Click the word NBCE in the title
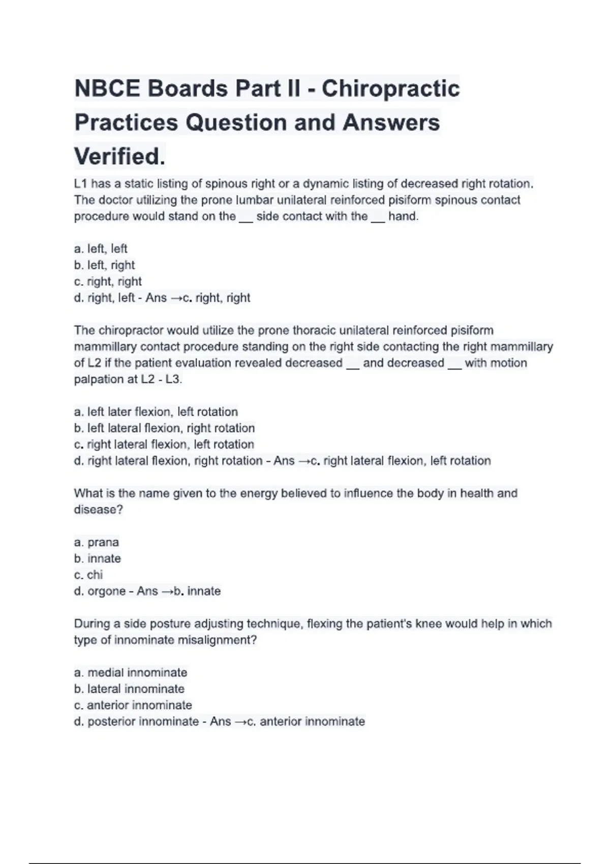point(107,89)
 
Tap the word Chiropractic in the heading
point(390,89)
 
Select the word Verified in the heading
point(119,157)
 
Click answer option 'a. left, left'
point(101,249)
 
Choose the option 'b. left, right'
point(104,265)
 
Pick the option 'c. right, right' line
point(108,281)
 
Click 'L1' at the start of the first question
point(81,183)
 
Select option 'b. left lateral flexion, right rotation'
point(164,428)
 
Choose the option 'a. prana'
point(97,542)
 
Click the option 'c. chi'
point(88,575)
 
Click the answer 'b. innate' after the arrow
point(197,591)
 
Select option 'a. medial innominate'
point(131,672)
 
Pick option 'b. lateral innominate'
point(129,689)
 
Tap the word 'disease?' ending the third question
point(99,510)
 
